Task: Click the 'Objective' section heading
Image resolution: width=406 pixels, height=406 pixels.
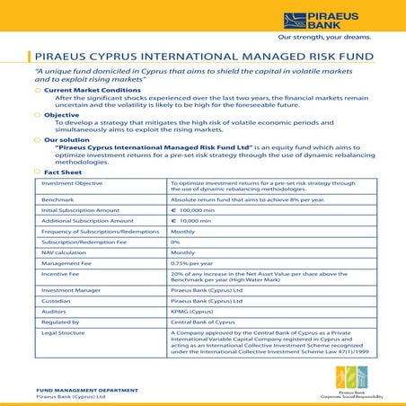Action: tap(62, 115)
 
